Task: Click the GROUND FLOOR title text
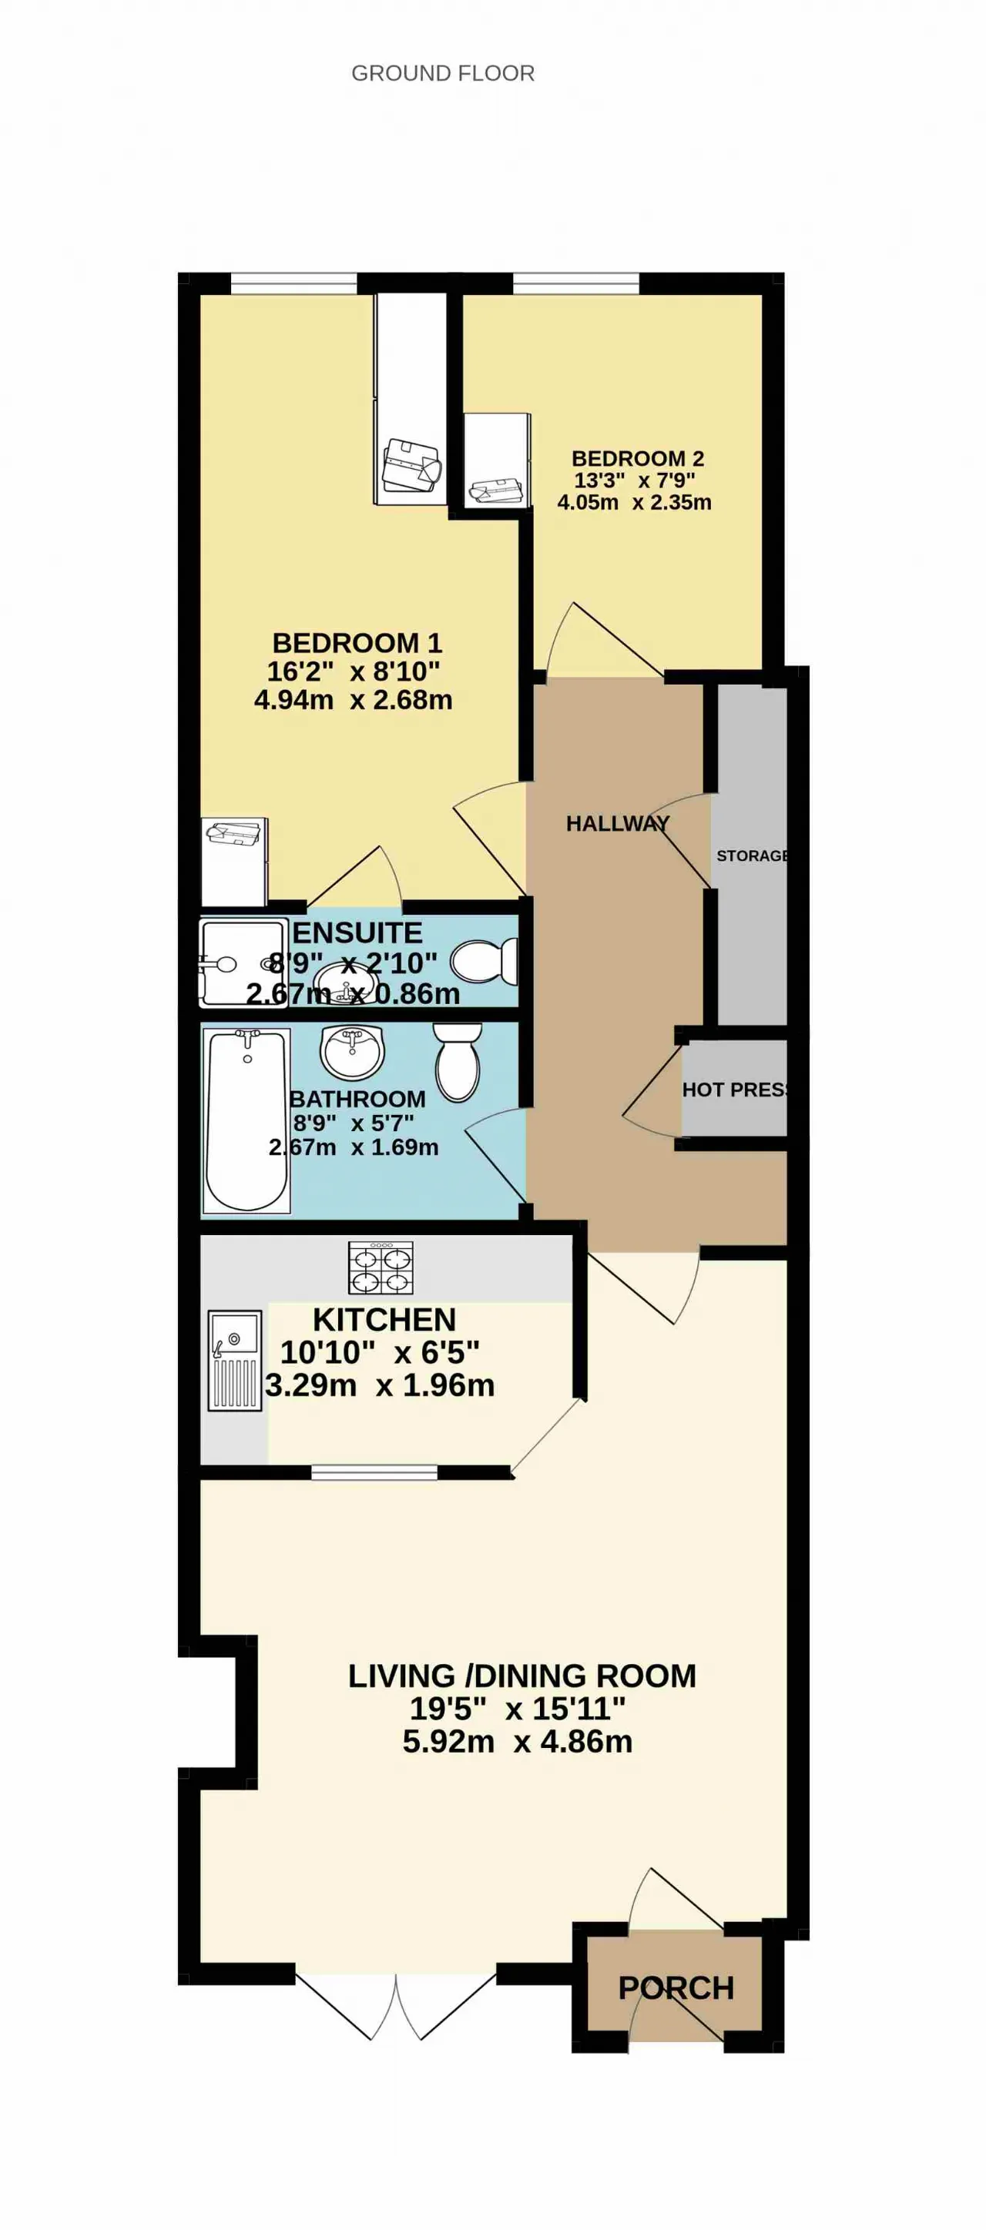[442, 74]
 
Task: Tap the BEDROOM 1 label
[357, 642]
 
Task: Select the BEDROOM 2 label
[638, 458]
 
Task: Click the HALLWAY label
[617, 823]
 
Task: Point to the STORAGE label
[751, 856]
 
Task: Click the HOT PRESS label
[734, 1090]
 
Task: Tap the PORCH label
[676, 1987]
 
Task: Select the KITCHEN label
[384, 1319]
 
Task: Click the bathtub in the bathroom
[246, 1120]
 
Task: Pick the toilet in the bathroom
[457, 1062]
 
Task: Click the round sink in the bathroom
[351, 1052]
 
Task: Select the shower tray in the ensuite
[243, 963]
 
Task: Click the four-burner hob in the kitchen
[381, 1268]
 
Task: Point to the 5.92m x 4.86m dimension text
[517, 1741]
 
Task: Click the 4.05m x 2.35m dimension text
[635, 502]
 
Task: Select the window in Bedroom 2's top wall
[575, 283]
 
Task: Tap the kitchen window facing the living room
[374, 1472]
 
